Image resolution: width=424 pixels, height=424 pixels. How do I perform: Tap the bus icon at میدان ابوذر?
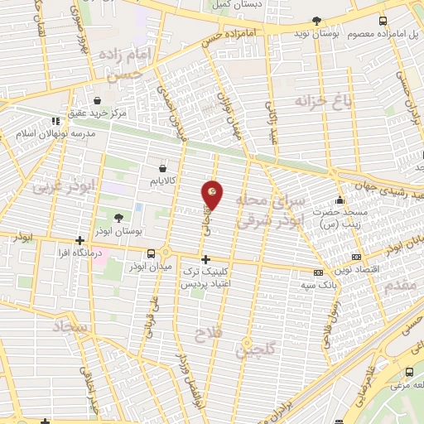(151, 254)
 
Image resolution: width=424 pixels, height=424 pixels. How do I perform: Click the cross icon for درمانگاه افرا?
(79, 240)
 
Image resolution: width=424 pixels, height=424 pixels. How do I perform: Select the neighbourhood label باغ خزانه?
(317, 101)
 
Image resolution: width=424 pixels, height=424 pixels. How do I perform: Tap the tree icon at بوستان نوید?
(316, 21)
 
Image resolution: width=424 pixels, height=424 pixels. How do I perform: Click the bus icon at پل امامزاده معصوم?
(383, 21)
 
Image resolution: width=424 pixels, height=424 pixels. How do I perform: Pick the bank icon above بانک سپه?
(317, 272)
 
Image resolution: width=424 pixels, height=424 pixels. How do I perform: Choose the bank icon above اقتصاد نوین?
(356, 257)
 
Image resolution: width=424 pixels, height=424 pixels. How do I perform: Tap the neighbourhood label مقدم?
(401, 285)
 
